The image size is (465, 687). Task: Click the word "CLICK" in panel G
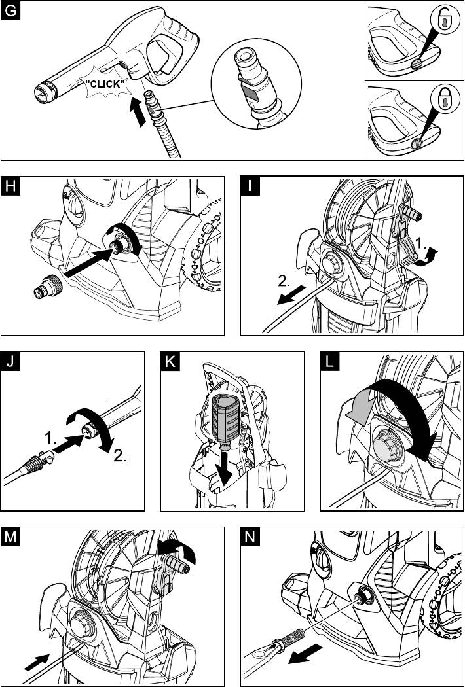coord(105,84)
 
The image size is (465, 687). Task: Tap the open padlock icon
coord(444,21)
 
